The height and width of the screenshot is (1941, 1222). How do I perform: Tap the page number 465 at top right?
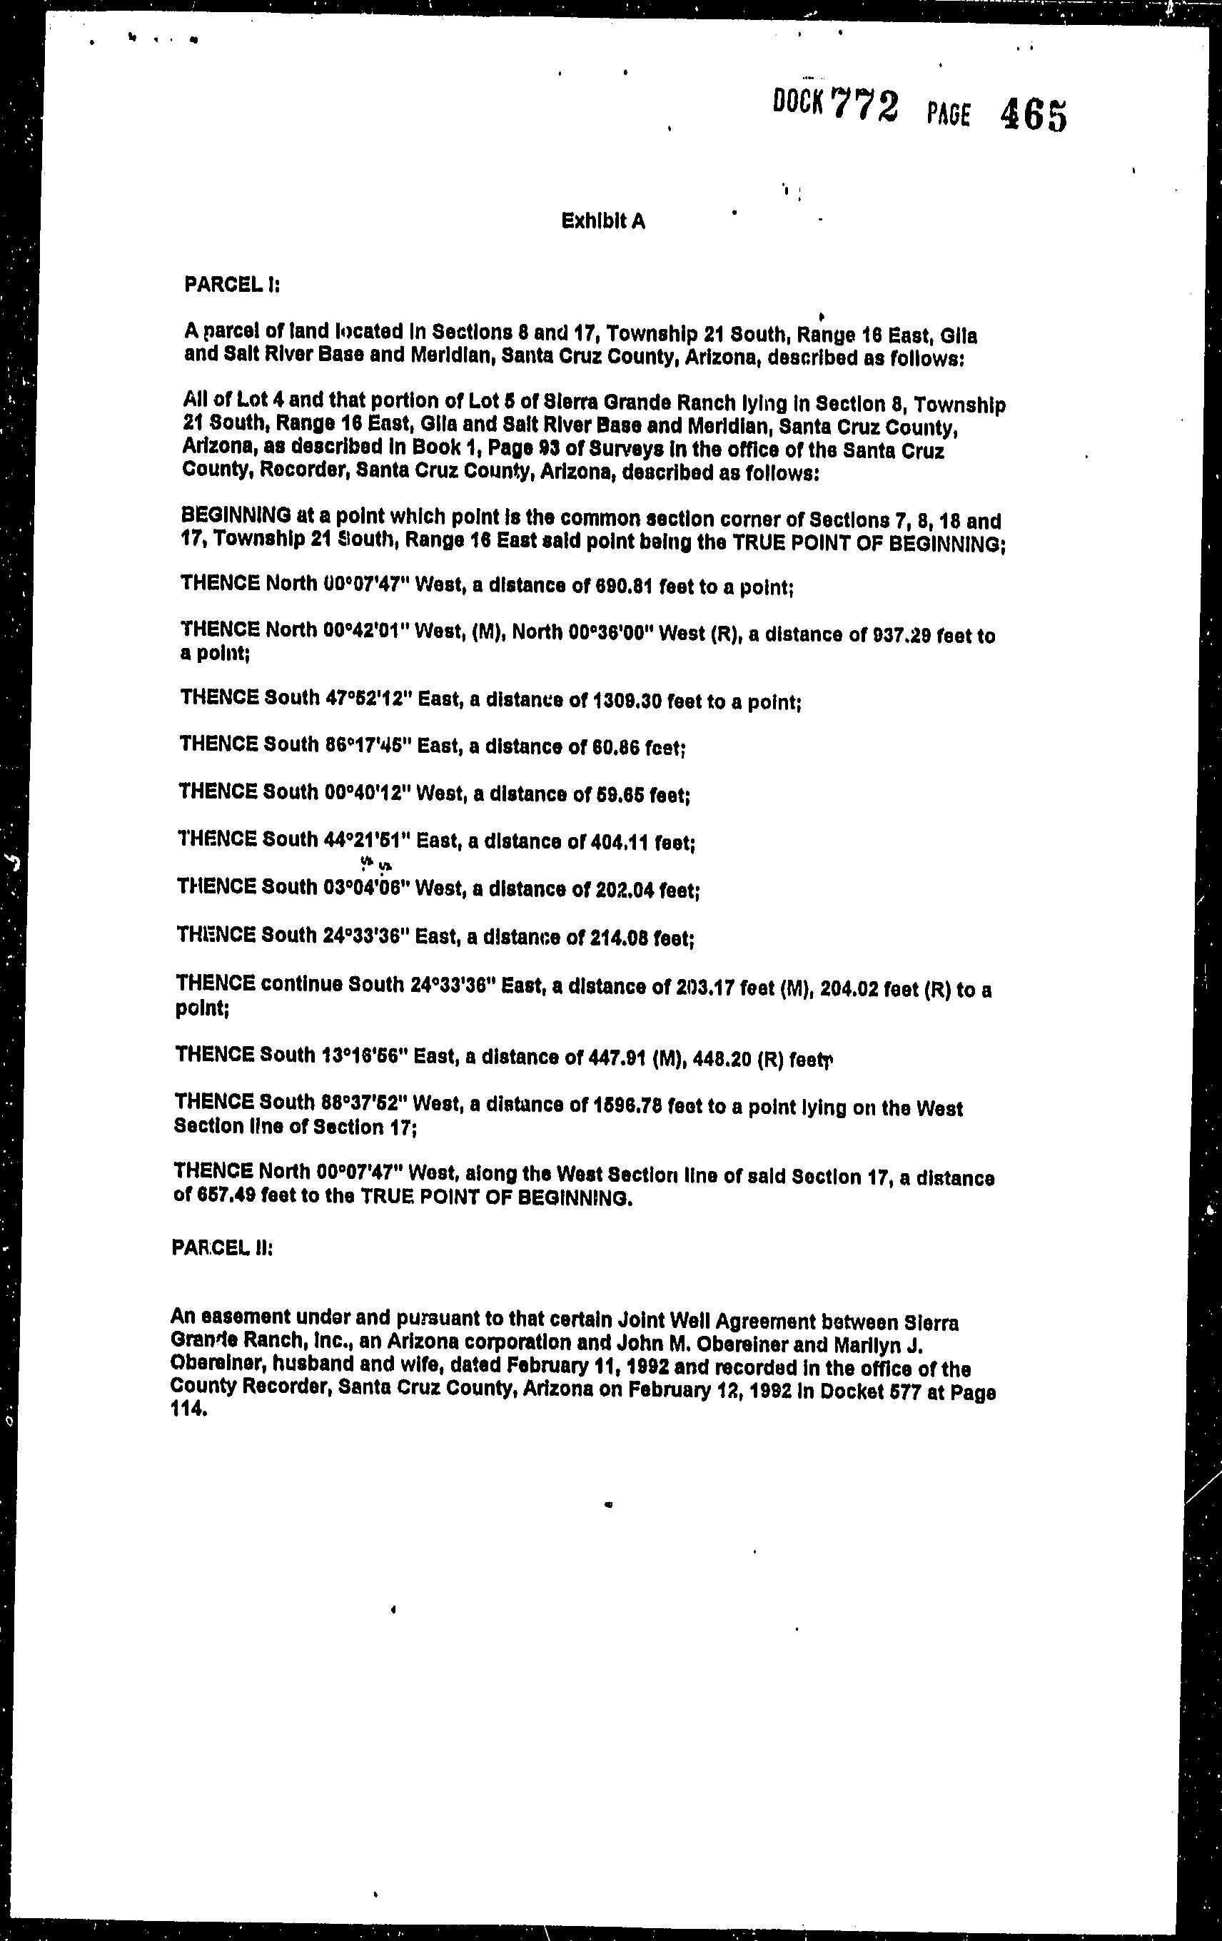coord(1034,116)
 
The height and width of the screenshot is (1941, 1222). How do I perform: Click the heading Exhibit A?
coord(603,221)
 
